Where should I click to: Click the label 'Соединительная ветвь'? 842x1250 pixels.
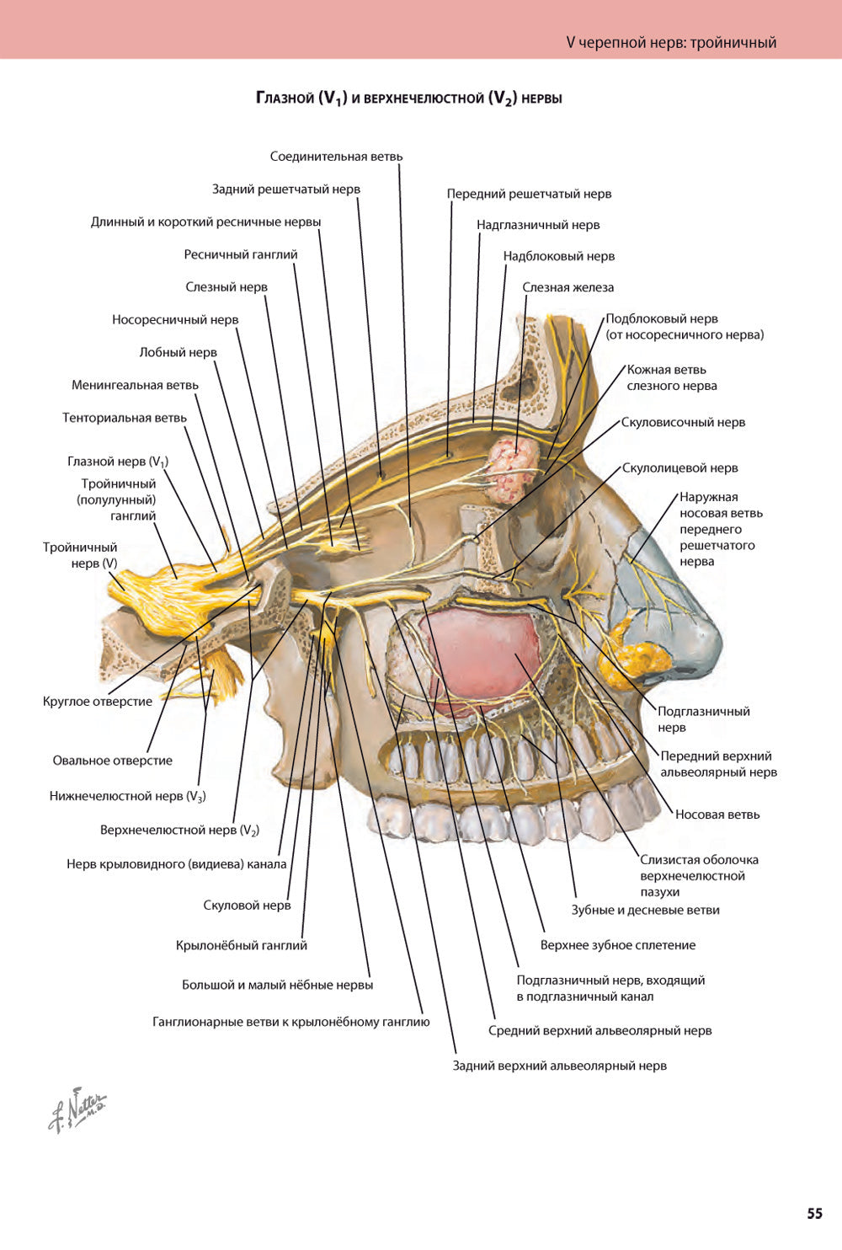point(336,157)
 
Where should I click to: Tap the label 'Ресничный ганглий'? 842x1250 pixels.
point(241,254)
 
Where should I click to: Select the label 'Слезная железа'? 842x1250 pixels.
point(568,287)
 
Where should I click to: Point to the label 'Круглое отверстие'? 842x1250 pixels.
point(98,701)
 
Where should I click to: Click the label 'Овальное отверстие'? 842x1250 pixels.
point(112,761)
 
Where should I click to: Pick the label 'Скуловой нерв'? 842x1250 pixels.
point(247,905)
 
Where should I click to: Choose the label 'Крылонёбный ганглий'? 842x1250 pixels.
point(242,945)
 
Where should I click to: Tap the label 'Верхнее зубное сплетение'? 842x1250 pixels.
point(618,945)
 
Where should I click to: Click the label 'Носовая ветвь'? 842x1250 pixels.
point(717,815)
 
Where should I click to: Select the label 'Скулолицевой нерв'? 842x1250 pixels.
point(679,468)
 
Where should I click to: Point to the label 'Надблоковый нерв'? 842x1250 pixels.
point(559,256)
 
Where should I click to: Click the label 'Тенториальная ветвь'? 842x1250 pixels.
point(125,418)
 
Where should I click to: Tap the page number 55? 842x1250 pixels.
point(814,1214)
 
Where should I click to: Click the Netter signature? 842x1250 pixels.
point(77,1108)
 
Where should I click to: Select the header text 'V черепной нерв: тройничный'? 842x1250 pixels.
point(671,42)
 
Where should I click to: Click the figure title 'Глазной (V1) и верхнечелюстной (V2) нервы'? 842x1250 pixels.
point(409,99)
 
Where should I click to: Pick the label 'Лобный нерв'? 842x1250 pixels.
point(178,352)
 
